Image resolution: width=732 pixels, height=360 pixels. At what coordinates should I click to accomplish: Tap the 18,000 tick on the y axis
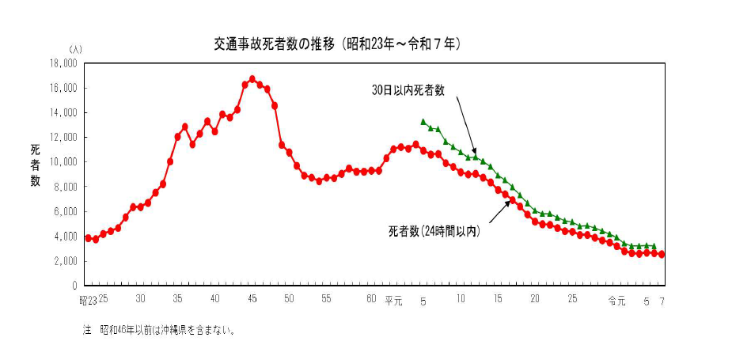[x=63, y=63]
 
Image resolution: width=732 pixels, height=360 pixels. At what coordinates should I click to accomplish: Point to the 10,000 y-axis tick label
[x=63, y=162]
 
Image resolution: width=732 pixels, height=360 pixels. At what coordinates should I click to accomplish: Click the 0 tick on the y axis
[x=74, y=286]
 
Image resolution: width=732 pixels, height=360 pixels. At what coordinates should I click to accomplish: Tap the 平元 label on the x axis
[x=393, y=300]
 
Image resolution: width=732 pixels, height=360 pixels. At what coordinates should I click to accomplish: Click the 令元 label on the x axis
[x=616, y=300]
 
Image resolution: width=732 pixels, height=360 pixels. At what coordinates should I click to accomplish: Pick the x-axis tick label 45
[x=252, y=299]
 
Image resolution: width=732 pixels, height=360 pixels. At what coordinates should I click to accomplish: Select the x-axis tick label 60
[x=371, y=299]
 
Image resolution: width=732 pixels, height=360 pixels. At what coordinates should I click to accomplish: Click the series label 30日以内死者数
[x=408, y=90]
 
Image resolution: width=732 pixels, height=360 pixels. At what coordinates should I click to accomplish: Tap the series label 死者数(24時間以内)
[x=434, y=232]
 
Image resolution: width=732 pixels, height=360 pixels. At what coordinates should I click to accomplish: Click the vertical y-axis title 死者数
[x=36, y=165]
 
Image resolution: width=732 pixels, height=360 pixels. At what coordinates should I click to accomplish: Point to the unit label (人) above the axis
[x=75, y=50]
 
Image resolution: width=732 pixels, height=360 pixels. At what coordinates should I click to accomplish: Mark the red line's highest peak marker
[x=252, y=79]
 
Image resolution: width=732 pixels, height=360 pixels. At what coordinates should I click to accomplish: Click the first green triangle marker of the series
[x=423, y=122]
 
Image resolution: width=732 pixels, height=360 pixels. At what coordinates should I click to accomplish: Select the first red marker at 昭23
[x=88, y=237]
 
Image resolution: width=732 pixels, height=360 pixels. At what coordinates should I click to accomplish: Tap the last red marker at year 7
[x=662, y=254]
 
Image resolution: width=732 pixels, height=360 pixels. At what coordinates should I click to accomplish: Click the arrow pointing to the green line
[x=466, y=126]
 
